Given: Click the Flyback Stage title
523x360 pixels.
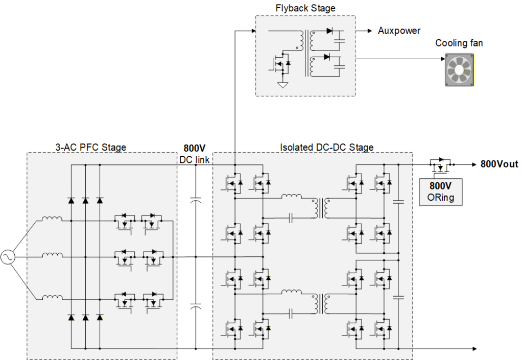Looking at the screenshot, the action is coord(305,8).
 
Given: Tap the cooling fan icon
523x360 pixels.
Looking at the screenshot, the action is coord(459,70).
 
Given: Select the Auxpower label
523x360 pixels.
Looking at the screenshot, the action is coord(399,31).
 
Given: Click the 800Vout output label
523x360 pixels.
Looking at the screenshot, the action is coord(500,164).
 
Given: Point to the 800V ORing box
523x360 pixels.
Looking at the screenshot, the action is coord(441,192).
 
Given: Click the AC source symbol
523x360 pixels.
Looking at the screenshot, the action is coord(8,257).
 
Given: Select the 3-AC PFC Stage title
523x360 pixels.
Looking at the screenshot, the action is coord(91,148).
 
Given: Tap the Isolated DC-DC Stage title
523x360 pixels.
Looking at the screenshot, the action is coord(326,148).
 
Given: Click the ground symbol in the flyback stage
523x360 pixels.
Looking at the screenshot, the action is coord(282,85).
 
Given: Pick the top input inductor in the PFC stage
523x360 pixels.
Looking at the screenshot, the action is coord(52,219).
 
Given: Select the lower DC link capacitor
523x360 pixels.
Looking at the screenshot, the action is coord(196,306).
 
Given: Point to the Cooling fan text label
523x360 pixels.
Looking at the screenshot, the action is coord(459,43).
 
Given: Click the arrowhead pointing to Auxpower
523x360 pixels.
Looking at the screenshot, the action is coord(370,31).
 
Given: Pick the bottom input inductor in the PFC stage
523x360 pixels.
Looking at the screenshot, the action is coord(52,297).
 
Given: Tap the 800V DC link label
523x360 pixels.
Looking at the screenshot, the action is coord(195,154).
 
